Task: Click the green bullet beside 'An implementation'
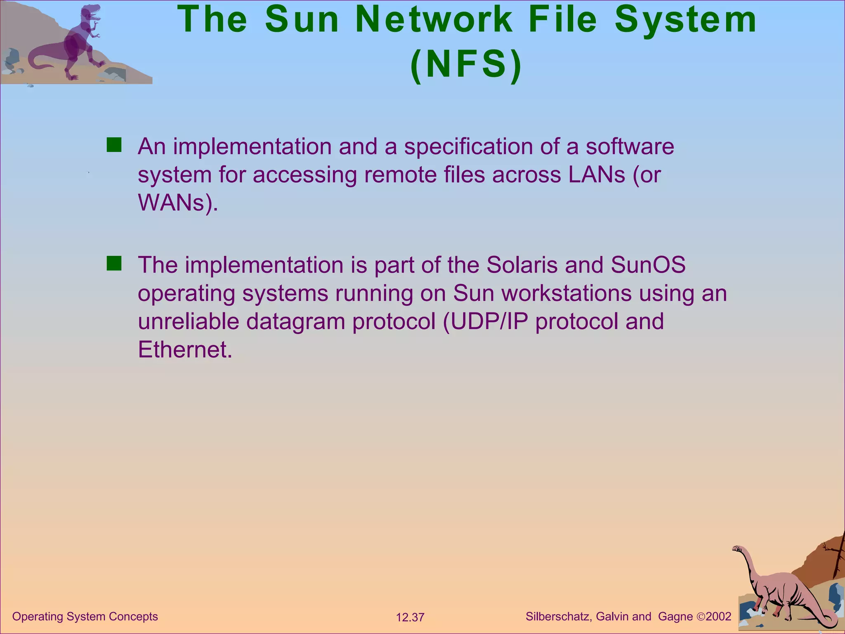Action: (114, 145)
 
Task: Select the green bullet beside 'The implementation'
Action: (114, 263)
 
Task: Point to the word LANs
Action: (597, 175)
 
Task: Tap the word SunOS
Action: (648, 265)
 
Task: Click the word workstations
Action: (566, 293)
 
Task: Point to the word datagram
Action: (295, 322)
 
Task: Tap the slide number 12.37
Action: (410, 617)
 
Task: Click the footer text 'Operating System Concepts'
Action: (85, 616)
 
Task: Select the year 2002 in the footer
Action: (719, 617)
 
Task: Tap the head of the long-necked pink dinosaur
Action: (736, 549)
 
